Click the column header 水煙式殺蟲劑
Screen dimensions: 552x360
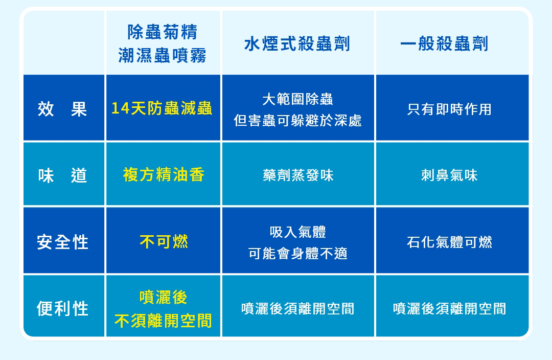coord(297,44)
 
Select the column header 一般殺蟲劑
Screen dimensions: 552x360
coord(444,44)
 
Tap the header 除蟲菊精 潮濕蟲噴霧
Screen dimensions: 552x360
coord(163,43)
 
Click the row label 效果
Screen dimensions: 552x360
coord(62,109)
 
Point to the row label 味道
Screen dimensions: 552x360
coord(62,175)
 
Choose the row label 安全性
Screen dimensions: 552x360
coord(62,242)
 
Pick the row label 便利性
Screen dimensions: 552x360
coord(62,308)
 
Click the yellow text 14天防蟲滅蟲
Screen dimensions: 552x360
coord(162,108)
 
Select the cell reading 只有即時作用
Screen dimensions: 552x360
coord(449,109)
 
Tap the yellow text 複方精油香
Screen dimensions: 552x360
coord(164,175)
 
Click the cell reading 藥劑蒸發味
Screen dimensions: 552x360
coord(298,175)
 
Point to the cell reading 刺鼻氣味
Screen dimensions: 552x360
coord(449,175)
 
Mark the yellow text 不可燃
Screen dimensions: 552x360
coord(164,242)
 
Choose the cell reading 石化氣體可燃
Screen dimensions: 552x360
coord(449,242)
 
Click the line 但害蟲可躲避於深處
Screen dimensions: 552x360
coord(298,121)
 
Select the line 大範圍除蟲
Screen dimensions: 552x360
coord(298,99)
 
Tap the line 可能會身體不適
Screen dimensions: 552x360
coord(298,253)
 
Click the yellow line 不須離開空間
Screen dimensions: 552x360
coord(164,321)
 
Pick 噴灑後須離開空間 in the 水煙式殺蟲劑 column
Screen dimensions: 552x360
coord(298,308)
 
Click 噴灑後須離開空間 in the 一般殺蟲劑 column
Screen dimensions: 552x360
coord(450,308)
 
